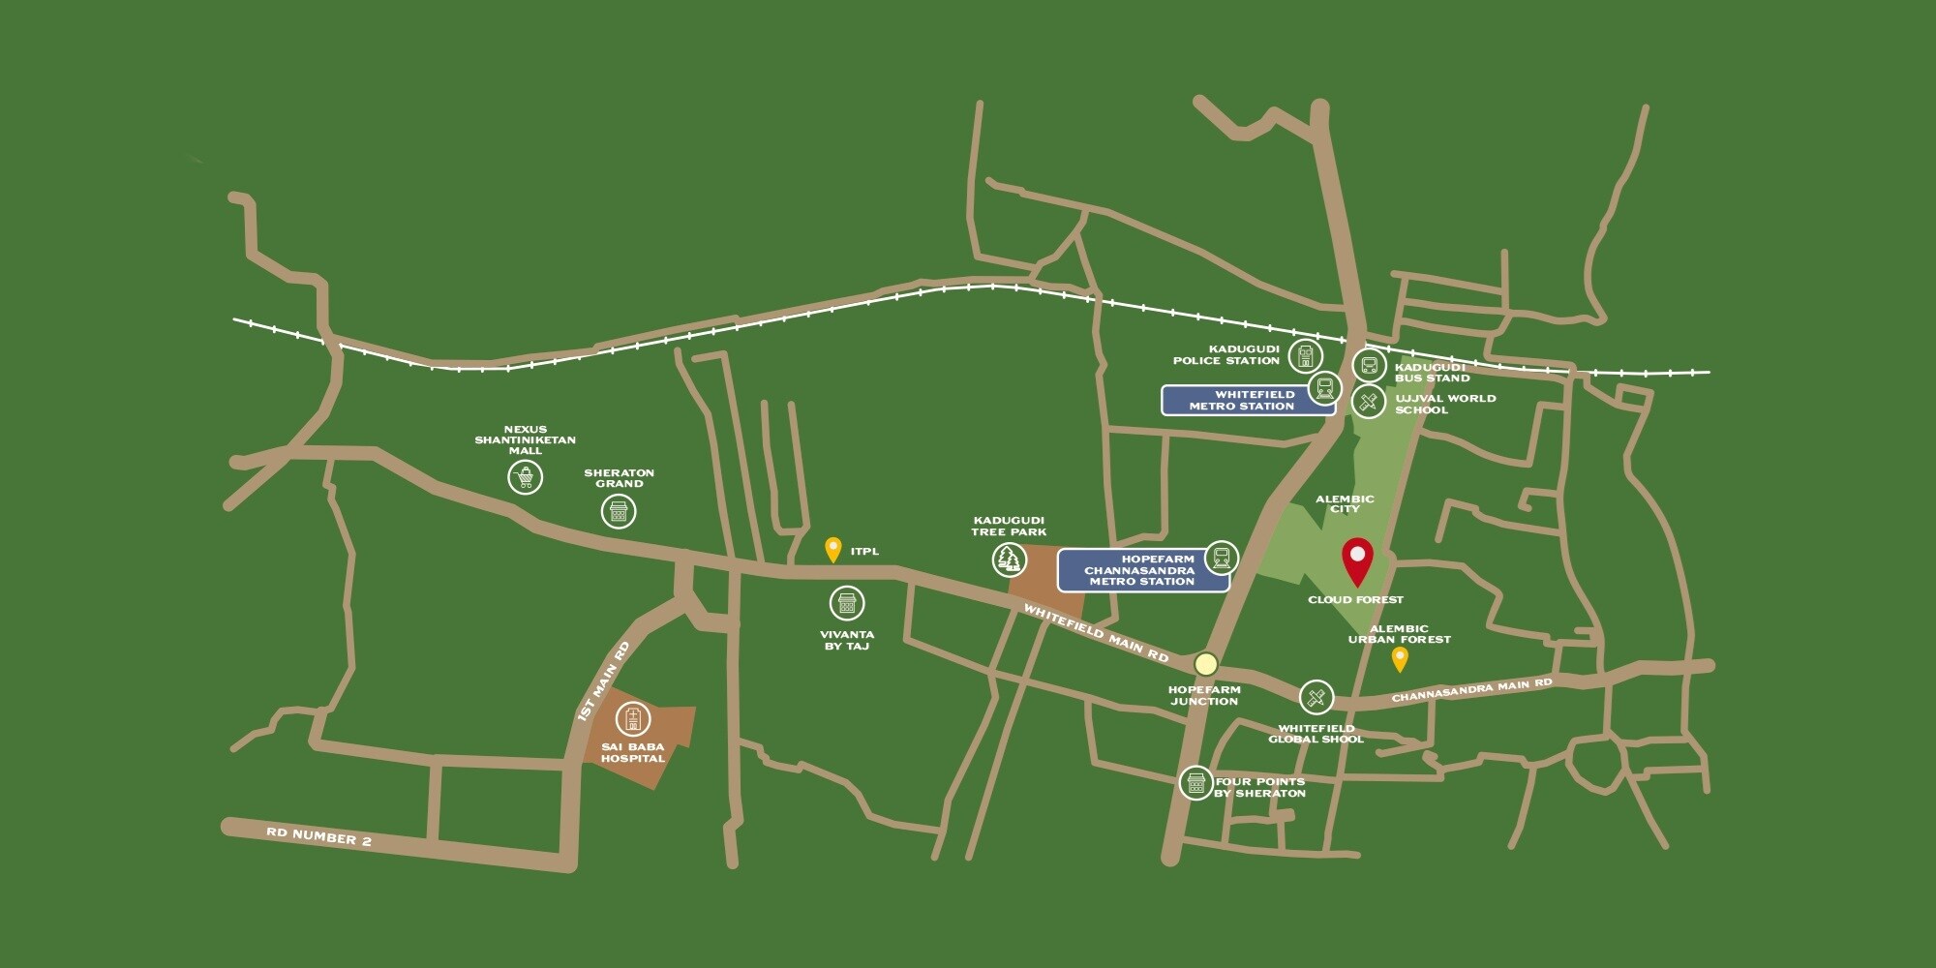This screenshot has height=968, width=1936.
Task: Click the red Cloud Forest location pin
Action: coord(1358,559)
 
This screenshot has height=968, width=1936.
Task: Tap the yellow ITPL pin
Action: coord(832,549)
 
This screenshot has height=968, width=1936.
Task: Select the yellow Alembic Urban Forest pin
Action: coord(1399,658)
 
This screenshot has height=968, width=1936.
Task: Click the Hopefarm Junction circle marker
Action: coord(1205,664)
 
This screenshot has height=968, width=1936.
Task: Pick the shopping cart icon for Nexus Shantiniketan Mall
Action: coord(525,476)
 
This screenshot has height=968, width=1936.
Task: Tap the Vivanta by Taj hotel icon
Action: coord(847,603)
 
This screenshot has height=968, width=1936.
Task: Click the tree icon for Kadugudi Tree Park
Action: coord(1010,559)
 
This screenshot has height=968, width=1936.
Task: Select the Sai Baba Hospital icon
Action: coord(633,719)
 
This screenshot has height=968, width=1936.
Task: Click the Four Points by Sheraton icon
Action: coord(1196,782)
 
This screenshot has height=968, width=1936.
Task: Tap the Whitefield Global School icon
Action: coord(1316,697)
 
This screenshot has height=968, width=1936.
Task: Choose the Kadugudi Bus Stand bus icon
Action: coord(1369,366)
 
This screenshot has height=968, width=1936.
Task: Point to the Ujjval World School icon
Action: coord(1369,401)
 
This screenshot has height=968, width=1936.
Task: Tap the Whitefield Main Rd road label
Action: coord(1096,634)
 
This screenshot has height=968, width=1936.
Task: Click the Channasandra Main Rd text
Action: coord(1471,691)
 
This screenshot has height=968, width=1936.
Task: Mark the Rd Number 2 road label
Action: coord(318,836)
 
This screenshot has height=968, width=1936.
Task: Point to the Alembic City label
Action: coord(1345,503)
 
